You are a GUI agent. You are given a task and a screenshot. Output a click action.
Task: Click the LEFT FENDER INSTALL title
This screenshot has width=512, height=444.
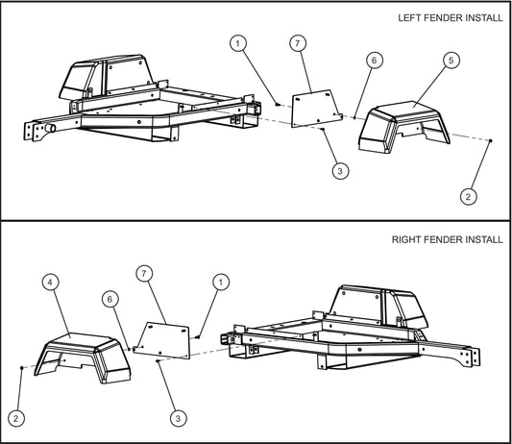pos(448,18)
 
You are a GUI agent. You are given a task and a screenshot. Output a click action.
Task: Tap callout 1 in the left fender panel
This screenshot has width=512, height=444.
pos(238,43)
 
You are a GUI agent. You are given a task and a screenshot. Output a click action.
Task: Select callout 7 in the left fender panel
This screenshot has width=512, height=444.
pos(298,44)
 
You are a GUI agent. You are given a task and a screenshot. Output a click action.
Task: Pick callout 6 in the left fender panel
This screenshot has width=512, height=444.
pos(374,60)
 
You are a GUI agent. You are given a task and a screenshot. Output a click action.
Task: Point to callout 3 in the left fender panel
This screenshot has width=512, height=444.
pos(339,171)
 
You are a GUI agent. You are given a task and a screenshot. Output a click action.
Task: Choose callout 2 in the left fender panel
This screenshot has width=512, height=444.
pos(468,196)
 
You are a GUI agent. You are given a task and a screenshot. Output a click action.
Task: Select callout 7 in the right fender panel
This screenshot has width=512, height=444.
pos(145,274)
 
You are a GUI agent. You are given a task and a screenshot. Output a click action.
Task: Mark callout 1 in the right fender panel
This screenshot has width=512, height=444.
pos(222,282)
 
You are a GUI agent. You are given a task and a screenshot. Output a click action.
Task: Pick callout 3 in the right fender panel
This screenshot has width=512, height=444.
pos(177,418)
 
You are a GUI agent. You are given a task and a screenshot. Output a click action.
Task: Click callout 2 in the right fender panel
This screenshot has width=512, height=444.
pos(16,417)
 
